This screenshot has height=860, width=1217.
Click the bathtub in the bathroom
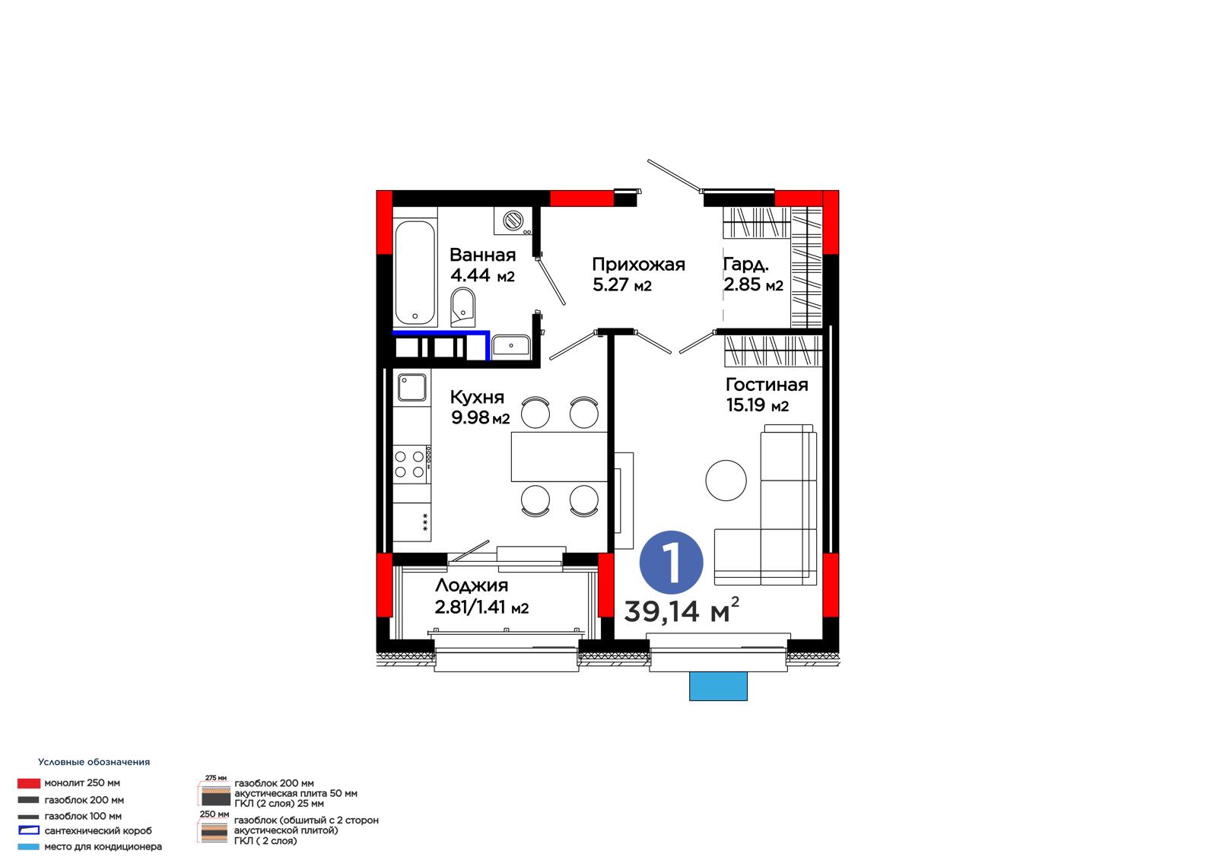point(415,272)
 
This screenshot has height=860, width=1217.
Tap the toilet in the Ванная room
point(462,306)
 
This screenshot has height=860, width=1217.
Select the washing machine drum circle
point(513,221)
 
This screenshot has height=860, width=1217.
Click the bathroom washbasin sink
point(510,345)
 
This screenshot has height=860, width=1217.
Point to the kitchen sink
point(411,387)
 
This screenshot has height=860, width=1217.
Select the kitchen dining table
point(559,457)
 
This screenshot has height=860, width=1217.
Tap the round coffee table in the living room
point(726,481)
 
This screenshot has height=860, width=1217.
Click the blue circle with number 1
point(672,562)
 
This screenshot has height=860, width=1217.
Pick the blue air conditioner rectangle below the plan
point(718,686)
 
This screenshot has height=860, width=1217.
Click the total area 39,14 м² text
point(682,610)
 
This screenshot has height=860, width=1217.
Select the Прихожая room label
point(638,265)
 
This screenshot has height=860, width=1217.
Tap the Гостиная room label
point(767,385)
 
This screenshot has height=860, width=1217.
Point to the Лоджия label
point(472,585)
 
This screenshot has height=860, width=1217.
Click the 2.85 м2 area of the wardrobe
point(754,284)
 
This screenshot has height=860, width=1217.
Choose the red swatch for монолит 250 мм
point(29,783)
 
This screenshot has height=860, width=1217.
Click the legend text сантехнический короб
point(98,830)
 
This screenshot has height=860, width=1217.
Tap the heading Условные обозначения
point(94,762)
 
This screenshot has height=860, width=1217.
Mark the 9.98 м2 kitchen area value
point(480,417)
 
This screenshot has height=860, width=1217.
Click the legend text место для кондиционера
point(103,846)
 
